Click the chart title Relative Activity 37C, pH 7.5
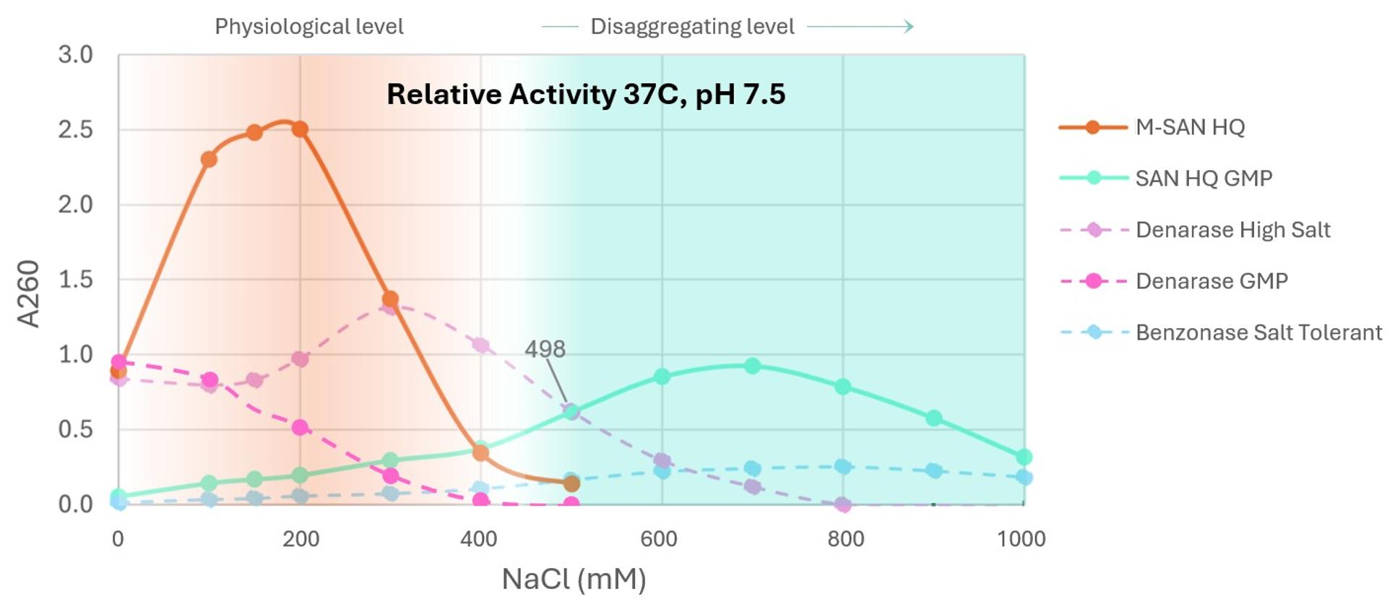585,95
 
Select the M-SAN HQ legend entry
1189,128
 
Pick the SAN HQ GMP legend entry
1203,178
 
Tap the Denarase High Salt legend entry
1232,230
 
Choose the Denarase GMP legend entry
1211,281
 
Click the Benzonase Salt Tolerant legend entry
1258,332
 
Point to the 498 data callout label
545,349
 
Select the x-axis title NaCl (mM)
574,579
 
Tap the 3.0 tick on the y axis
76,55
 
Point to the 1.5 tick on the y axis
76,280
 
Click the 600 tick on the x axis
659,539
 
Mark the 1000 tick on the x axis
1021,539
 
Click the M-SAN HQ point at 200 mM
300,129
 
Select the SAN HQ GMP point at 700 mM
752,366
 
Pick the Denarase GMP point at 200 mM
300,428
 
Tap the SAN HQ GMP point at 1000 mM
1024,457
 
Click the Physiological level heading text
308,27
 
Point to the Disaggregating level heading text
691,27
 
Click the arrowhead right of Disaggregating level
909,27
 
